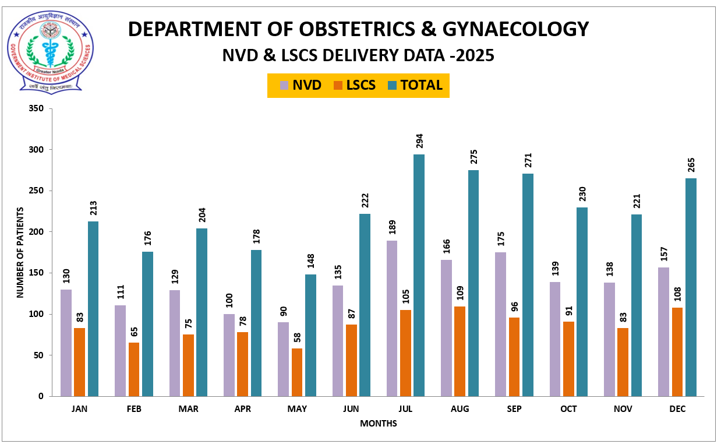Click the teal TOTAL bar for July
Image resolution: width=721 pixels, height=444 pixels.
pos(419,275)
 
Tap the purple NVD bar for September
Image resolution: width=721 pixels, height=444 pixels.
pos(500,324)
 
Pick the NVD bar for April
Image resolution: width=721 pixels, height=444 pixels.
pos(229,355)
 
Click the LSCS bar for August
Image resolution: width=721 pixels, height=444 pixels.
pos(460,351)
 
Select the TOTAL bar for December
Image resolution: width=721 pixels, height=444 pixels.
pos(691,287)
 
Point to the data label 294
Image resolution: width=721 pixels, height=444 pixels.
pos(419,141)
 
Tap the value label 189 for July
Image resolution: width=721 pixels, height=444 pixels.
pos(392,228)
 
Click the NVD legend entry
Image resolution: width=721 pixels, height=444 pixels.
pos(301,85)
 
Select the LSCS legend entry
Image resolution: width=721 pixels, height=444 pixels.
pos(355,85)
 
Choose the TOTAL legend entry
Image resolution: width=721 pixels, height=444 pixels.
pos(415,85)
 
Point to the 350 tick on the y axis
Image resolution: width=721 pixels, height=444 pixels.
pos(37,108)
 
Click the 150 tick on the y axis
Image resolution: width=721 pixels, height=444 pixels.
pos(37,273)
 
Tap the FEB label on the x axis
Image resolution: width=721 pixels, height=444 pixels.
pos(134,409)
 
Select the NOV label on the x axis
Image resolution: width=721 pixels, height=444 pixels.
pos(623,409)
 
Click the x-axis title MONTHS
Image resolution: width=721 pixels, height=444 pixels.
pos(378,424)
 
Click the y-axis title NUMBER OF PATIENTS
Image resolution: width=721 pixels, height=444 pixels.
pos(20,252)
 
